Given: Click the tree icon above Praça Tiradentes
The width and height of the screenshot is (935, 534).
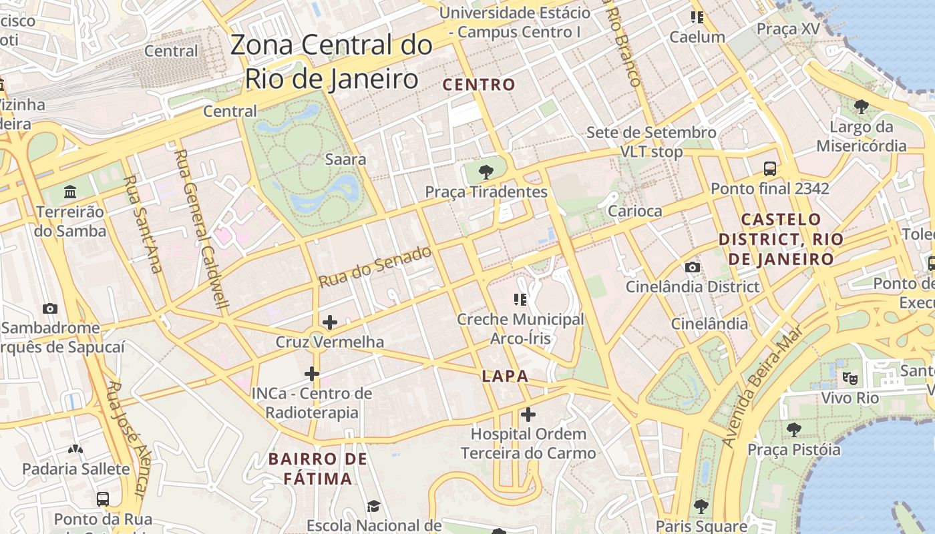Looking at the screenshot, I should coord(486,172).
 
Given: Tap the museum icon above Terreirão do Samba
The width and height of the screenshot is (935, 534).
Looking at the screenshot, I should coord(70,193).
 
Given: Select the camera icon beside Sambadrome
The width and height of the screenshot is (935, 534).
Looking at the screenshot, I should coord(49,308).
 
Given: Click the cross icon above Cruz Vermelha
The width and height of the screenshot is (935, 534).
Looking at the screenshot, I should coord(329,322).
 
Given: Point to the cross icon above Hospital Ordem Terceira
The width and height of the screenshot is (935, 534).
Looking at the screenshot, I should coord(528,415).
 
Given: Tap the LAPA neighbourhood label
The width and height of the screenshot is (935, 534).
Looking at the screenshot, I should coord(505,376).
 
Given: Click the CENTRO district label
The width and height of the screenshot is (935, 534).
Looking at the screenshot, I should coord(479,85).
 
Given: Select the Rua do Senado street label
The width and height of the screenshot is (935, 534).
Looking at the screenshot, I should coord(375,266).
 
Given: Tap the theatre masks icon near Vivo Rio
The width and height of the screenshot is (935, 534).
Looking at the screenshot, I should coord(850,378).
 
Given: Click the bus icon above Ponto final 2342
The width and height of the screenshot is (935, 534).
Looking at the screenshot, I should coord(770,168).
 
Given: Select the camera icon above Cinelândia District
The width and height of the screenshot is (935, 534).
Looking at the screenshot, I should coord(693,268).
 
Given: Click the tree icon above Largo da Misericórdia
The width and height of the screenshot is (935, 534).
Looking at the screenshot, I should coord(862,106).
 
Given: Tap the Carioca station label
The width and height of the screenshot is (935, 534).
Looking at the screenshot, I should coord(634,211).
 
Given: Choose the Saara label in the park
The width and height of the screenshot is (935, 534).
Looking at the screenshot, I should coord(345,160).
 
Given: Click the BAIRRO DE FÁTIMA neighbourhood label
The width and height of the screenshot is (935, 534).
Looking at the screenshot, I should coord(318,469).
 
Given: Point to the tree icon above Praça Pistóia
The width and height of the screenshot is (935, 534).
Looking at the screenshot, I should coord(793,429).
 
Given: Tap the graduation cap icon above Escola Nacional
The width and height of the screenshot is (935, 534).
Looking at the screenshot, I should coord(373,507).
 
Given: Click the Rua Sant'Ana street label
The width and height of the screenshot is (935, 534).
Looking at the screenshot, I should coord(144,224).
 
